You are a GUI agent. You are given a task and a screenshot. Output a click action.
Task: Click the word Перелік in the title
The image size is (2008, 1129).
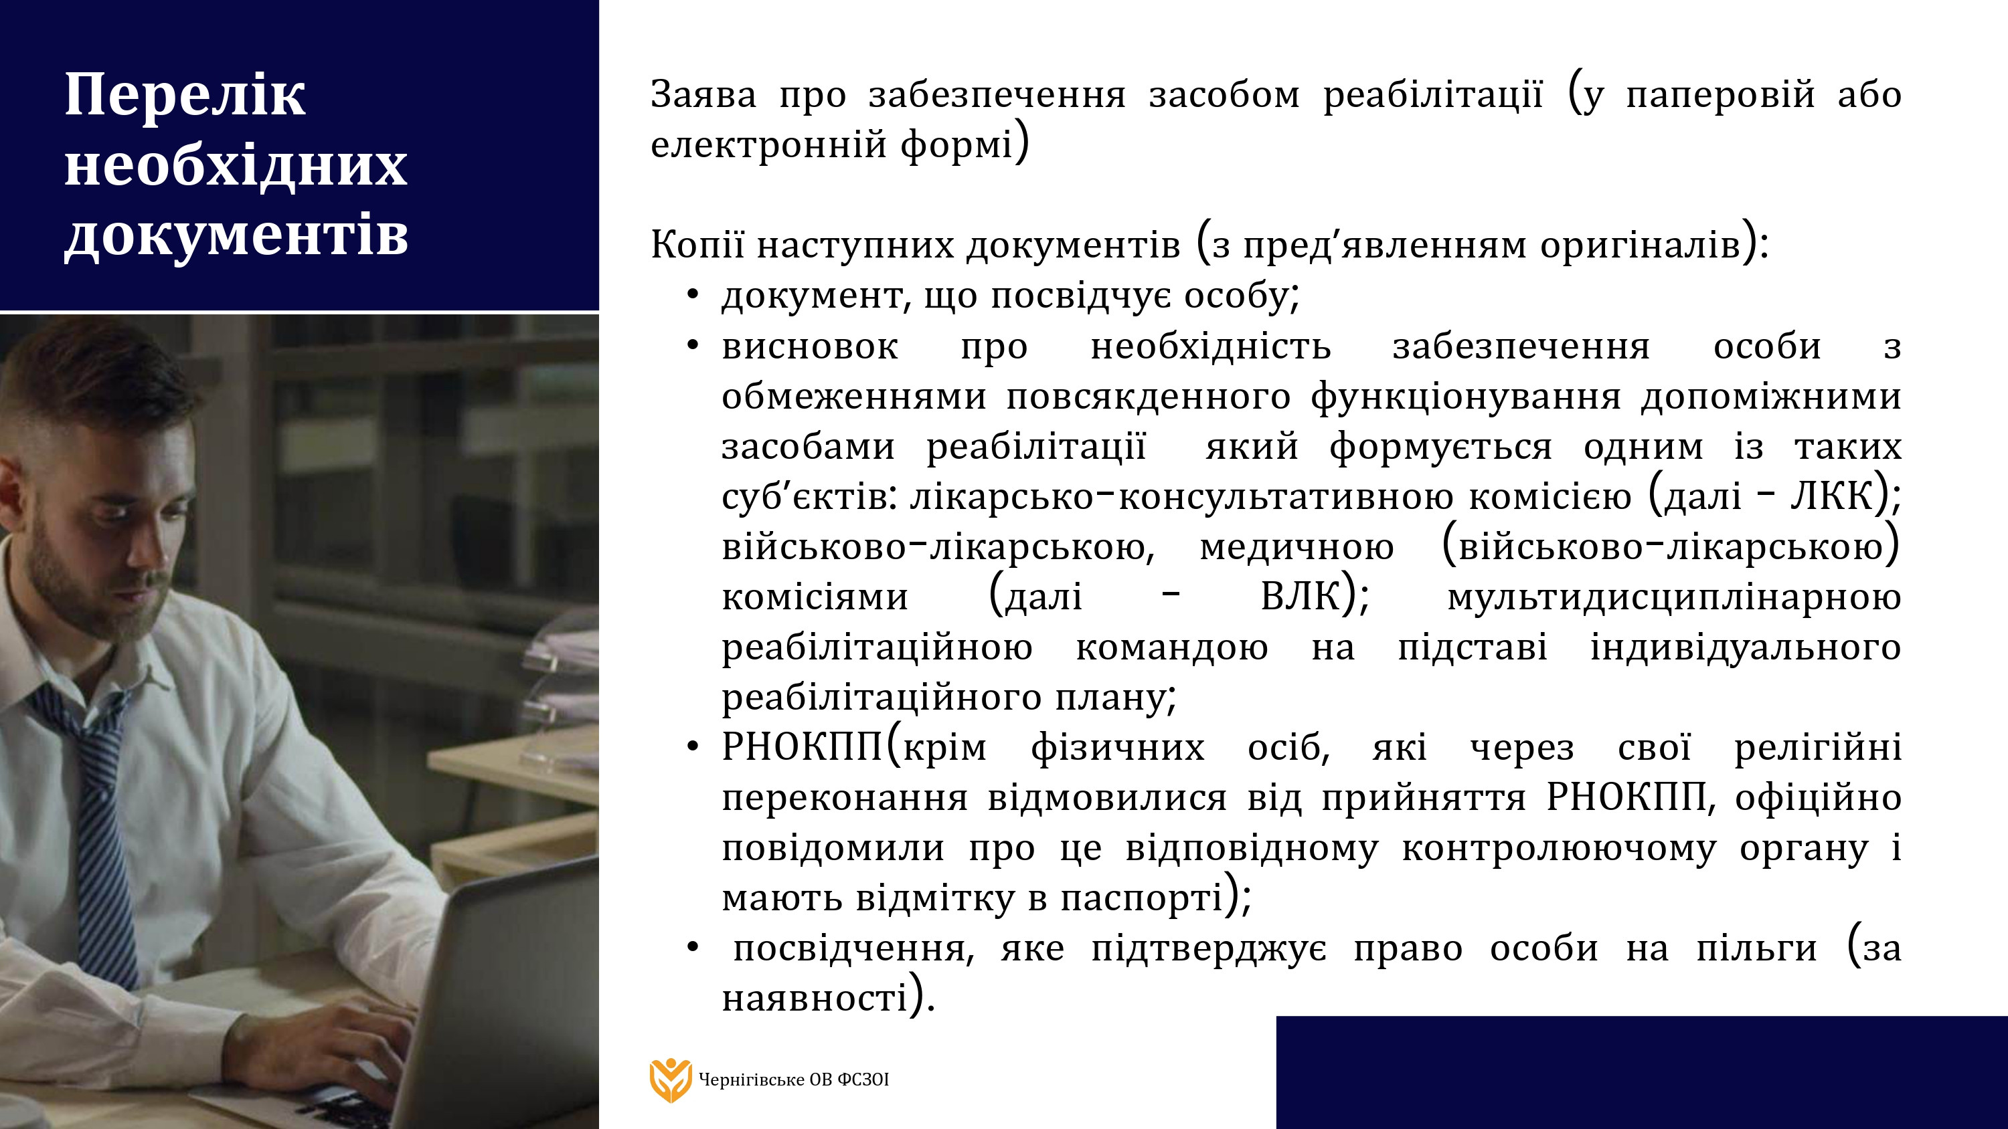tap(185, 95)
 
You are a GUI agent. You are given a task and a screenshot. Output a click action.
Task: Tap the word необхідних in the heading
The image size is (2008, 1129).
tap(236, 165)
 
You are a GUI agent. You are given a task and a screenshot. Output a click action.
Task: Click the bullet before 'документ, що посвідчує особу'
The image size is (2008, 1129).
tap(691, 296)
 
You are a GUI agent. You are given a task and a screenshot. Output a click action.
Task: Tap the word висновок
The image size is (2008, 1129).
tap(810, 346)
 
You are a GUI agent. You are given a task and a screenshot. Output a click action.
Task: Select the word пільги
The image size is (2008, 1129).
tap(1756, 949)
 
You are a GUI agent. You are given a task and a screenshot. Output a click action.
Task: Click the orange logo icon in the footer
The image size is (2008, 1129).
tap(671, 1080)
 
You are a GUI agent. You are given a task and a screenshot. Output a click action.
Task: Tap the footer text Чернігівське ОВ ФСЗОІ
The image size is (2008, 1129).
tap(794, 1080)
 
